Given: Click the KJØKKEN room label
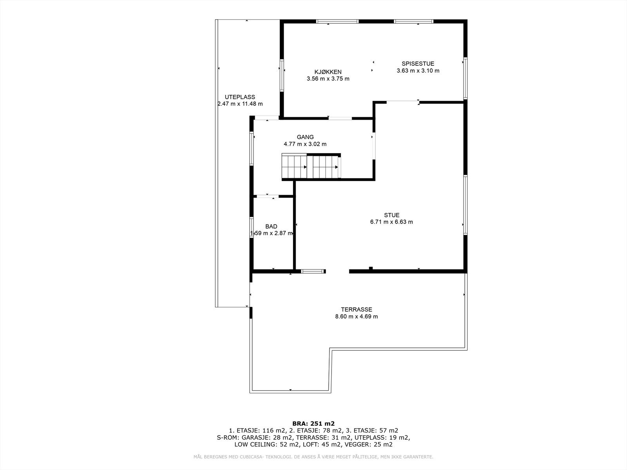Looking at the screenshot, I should [328, 72].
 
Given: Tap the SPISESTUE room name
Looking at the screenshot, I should [418, 63].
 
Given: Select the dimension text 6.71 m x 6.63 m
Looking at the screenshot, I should [391, 222].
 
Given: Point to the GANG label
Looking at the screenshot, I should [305, 137].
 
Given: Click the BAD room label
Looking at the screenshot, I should [271, 226].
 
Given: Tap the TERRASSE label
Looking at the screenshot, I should [356, 309].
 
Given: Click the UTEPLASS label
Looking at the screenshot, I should [240, 97].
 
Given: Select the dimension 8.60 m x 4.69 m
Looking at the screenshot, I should [356, 316].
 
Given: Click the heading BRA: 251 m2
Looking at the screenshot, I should [313, 423].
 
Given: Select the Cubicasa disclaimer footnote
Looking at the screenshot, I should [313, 457].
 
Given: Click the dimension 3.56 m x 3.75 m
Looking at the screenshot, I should [328, 79].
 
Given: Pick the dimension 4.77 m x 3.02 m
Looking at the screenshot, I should [305, 144].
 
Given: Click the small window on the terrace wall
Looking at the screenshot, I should [313, 271].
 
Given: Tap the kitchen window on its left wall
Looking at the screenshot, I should [281, 75].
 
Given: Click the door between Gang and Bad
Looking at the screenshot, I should [268, 196].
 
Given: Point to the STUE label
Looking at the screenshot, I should [391, 215].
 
